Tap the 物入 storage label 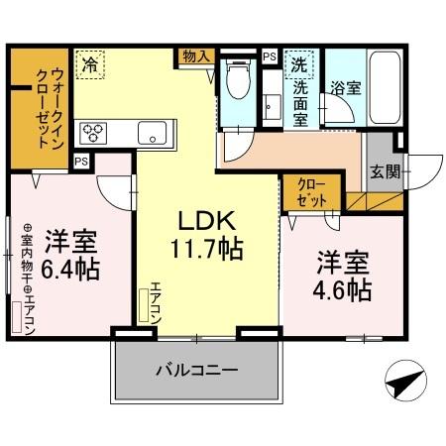[x=195, y=56]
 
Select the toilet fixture [x=236, y=80]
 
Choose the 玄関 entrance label [x=384, y=171]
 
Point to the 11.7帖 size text [x=205, y=246]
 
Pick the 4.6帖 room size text [x=344, y=289]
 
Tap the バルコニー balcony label [x=195, y=372]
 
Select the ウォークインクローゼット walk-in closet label [x=41, y=107]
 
